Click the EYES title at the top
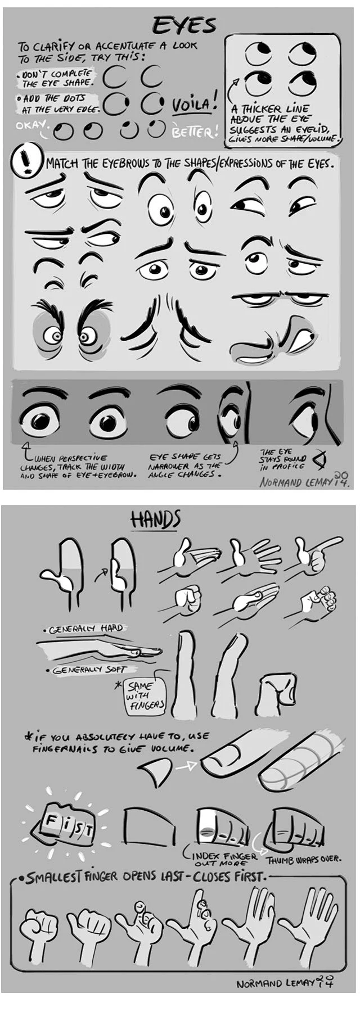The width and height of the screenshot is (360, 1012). point(184,25)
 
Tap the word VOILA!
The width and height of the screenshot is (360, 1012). point(195,105)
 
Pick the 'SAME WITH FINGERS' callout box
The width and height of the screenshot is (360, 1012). point(146,695)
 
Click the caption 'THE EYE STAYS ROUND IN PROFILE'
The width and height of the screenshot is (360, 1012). point(282,459)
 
